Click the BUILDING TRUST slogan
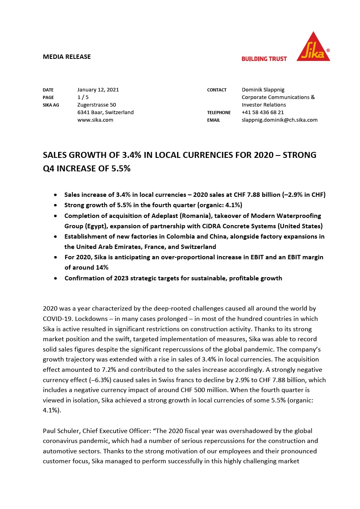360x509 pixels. pyautogui.click(x=264, y=59)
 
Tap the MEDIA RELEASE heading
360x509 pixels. pyautogui.click(x=67, y=56)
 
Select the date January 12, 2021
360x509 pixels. pyautogui.click(x=98, y=90)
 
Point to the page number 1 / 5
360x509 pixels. pyautogui.click(x=83, y=97)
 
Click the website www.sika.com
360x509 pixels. pyautogui.click(x=95, y=120)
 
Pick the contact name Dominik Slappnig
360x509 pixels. pyautogui.click(x=263, y=90)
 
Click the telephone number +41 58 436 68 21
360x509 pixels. pyautogui.click(x=263, y=113)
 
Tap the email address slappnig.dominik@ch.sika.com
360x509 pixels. pyautogui.click(x=279, y=120)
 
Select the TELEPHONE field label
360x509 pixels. pyautogui.click(x=219, y=113)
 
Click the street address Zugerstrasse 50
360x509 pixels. pyautogui.click(x=96, y=105)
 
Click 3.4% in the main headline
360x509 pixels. pyautogui.click(x=121, y=155)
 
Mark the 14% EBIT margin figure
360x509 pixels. pyautogui.click(x=102, y=268)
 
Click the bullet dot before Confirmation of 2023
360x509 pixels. pyautogui.click(x=55, y=278)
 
